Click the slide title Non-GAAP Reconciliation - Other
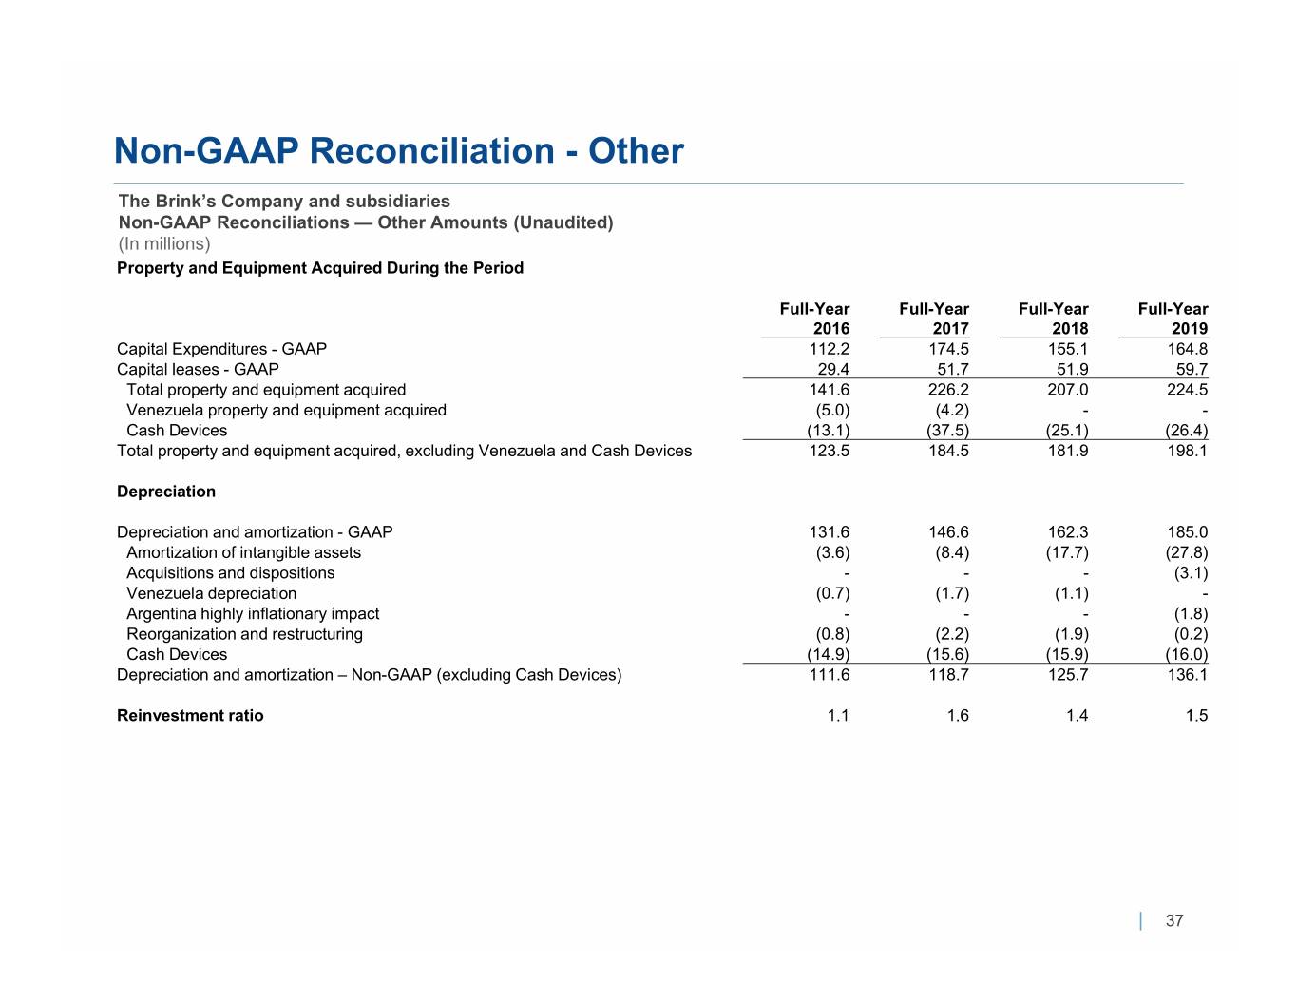(x=399, y=150)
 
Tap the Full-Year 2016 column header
(x=814, y=318)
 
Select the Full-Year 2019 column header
(x=1173, y=318)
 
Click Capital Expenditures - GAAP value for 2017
(x=948, y=349)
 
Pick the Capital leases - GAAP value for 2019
(x=1192, y=369)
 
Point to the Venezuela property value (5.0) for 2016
(x=832, y=410)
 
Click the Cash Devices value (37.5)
(x=948, y=431)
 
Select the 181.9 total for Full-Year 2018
(x=1068, y=451)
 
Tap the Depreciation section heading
(x=166, y=492)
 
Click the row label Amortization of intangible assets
(x=243, y=553)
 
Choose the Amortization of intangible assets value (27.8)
(x=1187, y=553)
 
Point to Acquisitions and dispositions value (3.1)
(x=1191, y=573)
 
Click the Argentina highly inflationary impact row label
(x=253, y=614)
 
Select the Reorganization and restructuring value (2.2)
(x=952, y=634)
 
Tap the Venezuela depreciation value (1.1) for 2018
(x=1072, y=593)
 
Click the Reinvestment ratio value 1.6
(x=958, y=715)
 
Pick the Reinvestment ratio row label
(x=190, y=715)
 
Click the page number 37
(x=1174, y=920)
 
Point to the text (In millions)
(x=164, y=244)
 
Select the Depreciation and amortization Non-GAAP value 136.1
(x=1187, y=675)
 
